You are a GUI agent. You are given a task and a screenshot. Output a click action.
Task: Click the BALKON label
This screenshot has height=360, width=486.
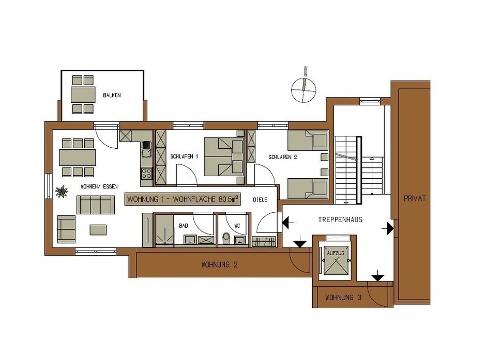pyautogui.click(x=112, y=96)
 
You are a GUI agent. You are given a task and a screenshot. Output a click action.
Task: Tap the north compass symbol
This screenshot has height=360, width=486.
pyautogui.click(x=304, y=88)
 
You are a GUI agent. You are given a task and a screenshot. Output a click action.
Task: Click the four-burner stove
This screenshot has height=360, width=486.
pyautogui.click(x=146, y=174)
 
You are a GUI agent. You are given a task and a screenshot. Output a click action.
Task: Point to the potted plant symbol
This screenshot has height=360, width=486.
pyautogui.click(x=62, y=191)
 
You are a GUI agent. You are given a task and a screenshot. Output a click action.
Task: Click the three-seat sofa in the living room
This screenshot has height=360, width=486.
pyautogui.click(x=96, y=205)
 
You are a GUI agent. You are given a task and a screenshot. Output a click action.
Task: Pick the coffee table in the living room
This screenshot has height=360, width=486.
pyautogui.click(x=98, y=230)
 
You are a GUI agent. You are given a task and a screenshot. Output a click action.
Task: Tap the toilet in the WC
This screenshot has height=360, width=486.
pyautogui.click(x=226, y=238)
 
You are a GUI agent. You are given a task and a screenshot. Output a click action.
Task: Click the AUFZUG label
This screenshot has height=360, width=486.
pyautogui.click(x=336, y=253)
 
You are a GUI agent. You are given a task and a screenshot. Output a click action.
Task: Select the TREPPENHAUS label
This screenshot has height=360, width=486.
pyautogui.click(x=340, y=220)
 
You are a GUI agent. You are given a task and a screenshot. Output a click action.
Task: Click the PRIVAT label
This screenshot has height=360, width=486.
pyautogui.click(x=415, y=198)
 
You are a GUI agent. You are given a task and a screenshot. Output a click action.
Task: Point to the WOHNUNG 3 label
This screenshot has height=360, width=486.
pyautogui.click(x=343, y=298)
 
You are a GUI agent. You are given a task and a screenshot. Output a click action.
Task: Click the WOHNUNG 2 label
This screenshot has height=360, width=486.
pyautogui.click(x=219, y=264)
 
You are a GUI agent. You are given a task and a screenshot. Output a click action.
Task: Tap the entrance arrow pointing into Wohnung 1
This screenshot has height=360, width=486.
pyautogui.click(x=288, y=222)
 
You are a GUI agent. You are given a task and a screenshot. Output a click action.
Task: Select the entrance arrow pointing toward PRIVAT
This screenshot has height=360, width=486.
pyautogui.click(x=388, y=228)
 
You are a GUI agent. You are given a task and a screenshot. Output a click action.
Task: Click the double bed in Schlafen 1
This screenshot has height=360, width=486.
pyautogui.click(x=224, y=156)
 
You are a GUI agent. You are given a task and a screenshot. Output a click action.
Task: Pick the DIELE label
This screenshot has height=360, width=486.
pyautogui.click(x=260, y=200)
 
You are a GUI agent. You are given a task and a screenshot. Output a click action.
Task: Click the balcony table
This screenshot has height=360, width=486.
pyautogui.click(x=83, y=95)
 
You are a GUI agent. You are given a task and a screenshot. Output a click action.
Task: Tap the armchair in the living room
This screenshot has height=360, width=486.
pyautogui.click(x=66, y=229)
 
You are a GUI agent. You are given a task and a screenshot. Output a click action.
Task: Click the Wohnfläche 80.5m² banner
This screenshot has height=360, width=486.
pyautogui.click(x=183, y=199)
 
